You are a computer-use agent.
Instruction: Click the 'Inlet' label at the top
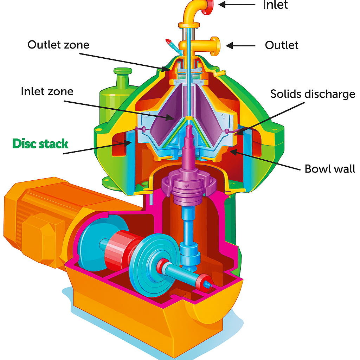pos(275,5)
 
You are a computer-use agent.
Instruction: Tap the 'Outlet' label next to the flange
pos(282,45)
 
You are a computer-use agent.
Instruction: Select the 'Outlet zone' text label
pos(58,45)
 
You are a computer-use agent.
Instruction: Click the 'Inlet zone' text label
pos(47,91)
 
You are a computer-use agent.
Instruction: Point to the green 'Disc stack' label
pos(40,143)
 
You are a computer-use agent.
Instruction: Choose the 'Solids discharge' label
pos(312,94)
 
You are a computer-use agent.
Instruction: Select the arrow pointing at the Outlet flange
pos(240,45)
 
